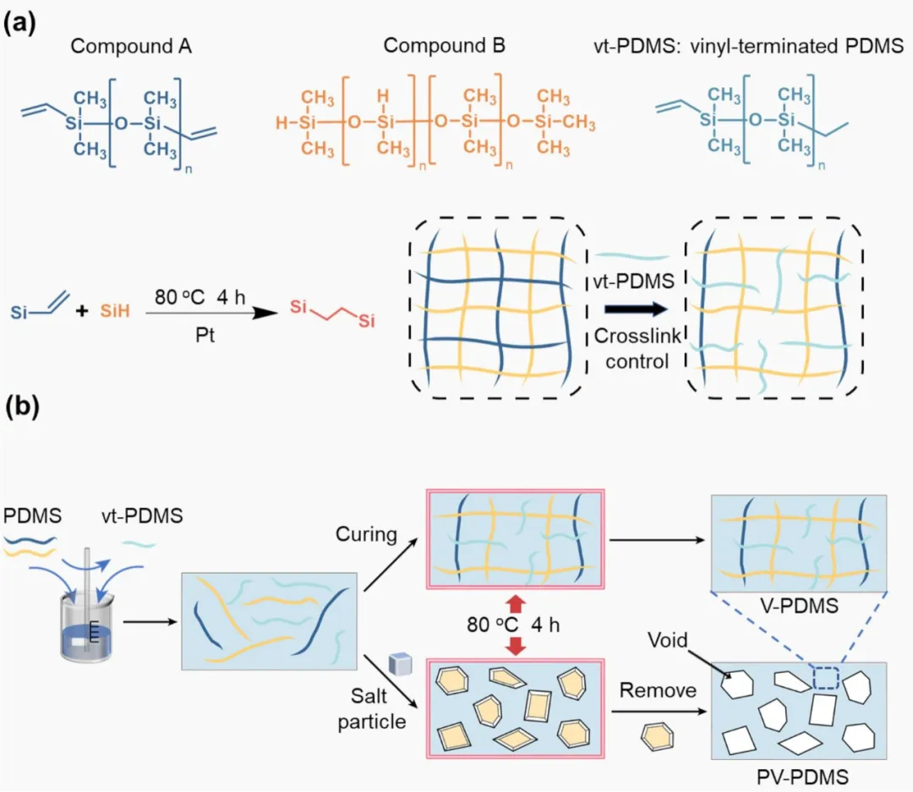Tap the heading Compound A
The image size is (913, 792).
tap(131, 46)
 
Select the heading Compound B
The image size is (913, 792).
tap(444, 46)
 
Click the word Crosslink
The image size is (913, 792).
tap(632, 336)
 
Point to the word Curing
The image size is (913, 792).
tap(365, 533)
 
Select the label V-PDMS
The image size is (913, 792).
tap(799, 605)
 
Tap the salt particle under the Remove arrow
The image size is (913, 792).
tap(658, 737)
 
